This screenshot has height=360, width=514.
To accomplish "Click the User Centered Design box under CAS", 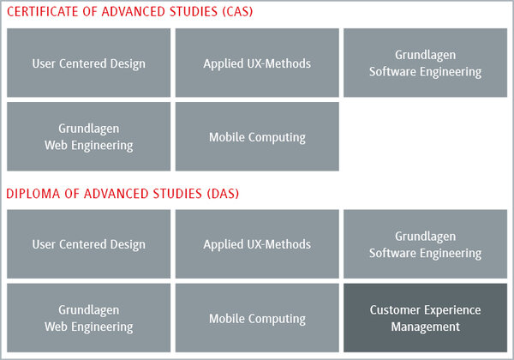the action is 88,63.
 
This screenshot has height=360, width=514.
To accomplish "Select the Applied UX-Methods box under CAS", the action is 257,63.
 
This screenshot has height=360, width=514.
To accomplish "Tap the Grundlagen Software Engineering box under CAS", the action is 425,63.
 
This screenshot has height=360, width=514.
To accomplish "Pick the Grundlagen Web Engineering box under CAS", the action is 88,136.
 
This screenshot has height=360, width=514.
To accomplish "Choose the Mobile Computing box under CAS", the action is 257,136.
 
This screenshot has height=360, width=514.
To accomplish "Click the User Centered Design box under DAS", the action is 88,244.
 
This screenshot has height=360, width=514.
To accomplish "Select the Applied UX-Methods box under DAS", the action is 257,244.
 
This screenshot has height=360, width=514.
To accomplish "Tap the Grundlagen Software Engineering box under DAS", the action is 425,244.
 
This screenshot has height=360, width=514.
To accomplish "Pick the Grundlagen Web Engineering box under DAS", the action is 88,318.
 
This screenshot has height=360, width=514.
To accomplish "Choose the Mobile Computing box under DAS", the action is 257,318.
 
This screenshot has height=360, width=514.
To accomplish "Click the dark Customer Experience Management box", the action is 425,318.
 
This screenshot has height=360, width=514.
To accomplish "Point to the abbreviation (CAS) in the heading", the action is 237,12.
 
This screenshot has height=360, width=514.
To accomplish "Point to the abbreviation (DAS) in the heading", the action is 223,194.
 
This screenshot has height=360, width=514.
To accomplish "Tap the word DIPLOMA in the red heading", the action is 33,194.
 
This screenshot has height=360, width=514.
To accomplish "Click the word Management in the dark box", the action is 426,327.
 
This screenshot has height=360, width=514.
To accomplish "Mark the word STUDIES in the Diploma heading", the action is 177,194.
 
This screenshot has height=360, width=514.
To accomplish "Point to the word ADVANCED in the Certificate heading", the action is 134,12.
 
